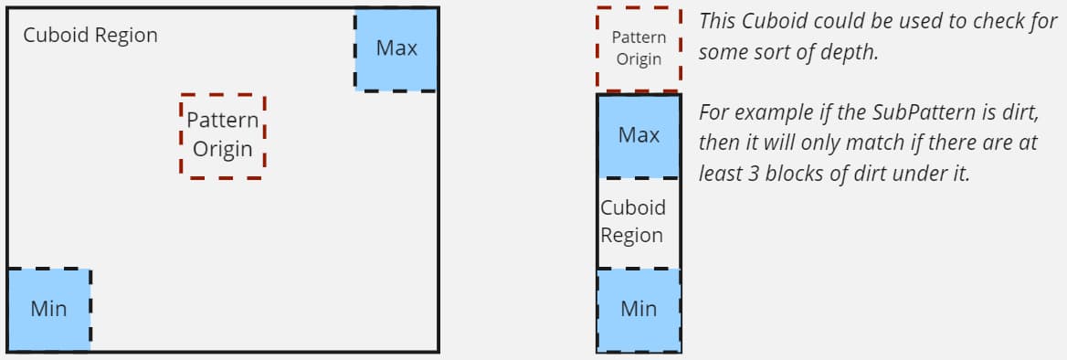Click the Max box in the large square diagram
(x=396, y=48)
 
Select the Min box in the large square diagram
(x=48, y=309)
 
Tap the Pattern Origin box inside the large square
(x=223, y=135)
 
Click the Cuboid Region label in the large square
(x=90, y=36)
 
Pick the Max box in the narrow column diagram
(x=639, y=135)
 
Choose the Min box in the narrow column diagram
(x=639, y=309)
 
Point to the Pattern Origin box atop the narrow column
(x=639, y=48)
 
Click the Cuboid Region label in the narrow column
(x=632, y=221)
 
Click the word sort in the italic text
(x=766, y=52)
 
